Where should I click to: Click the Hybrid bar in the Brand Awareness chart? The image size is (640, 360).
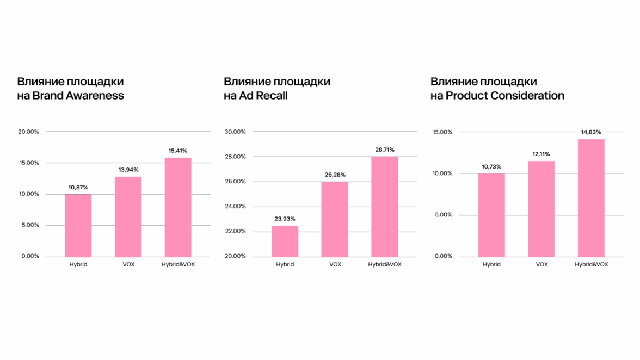[x=78, y=225]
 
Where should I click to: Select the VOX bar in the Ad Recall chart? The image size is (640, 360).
[x=335, y=219]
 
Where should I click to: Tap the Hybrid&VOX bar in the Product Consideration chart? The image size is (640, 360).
[x=591, y=197]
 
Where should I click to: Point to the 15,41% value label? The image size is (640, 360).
[x=178, y=151]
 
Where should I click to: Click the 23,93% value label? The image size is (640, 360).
[x=285, y=219]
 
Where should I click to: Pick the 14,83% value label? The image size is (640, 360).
[x=592, y=132]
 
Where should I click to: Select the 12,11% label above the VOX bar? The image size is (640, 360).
[x=541, y=154]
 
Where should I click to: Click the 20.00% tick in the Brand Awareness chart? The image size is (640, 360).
[x=29, y=132]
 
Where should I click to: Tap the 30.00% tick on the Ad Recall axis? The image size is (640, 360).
[x=236, y=132]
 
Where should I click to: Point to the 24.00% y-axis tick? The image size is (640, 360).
[x=236, y=207]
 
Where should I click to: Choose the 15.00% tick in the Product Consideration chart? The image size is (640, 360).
[x=442, y=132]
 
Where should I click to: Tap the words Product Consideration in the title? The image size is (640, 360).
[x=505, y=96]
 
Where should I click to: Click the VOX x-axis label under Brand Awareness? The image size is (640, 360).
[x=128, y=264]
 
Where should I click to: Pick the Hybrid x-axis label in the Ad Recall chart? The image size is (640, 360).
[x=285, y=264]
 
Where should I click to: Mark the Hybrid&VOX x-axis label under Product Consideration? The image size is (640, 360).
[x=592, y=264]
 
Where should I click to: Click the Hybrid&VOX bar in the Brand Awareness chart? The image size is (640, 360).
[x=178, y=207]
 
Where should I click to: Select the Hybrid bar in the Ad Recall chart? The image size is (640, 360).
[x=285, y=241]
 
